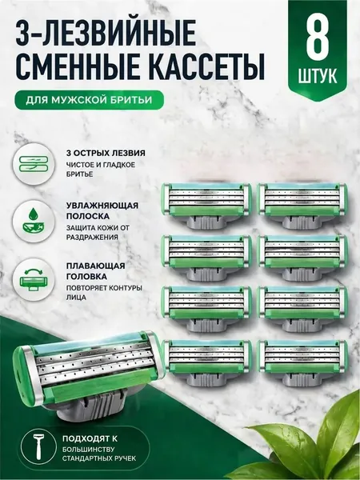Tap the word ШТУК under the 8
(318, 76)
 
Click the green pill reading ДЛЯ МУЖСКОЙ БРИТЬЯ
(89, 100)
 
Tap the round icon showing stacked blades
(34, 164)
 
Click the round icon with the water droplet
(34, 222)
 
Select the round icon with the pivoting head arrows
(34, 279)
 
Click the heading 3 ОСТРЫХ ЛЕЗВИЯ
(106, 153)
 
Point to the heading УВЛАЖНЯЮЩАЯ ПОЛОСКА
(102, 210)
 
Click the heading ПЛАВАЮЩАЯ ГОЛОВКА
(95, 271)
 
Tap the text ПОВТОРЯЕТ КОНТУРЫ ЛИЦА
(104, 293)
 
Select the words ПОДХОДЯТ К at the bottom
(90, 438)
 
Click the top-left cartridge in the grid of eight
(207, 206)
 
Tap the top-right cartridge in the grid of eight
(302, 206)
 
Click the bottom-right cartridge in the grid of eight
(302, 362)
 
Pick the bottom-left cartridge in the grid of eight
(207, 362)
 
